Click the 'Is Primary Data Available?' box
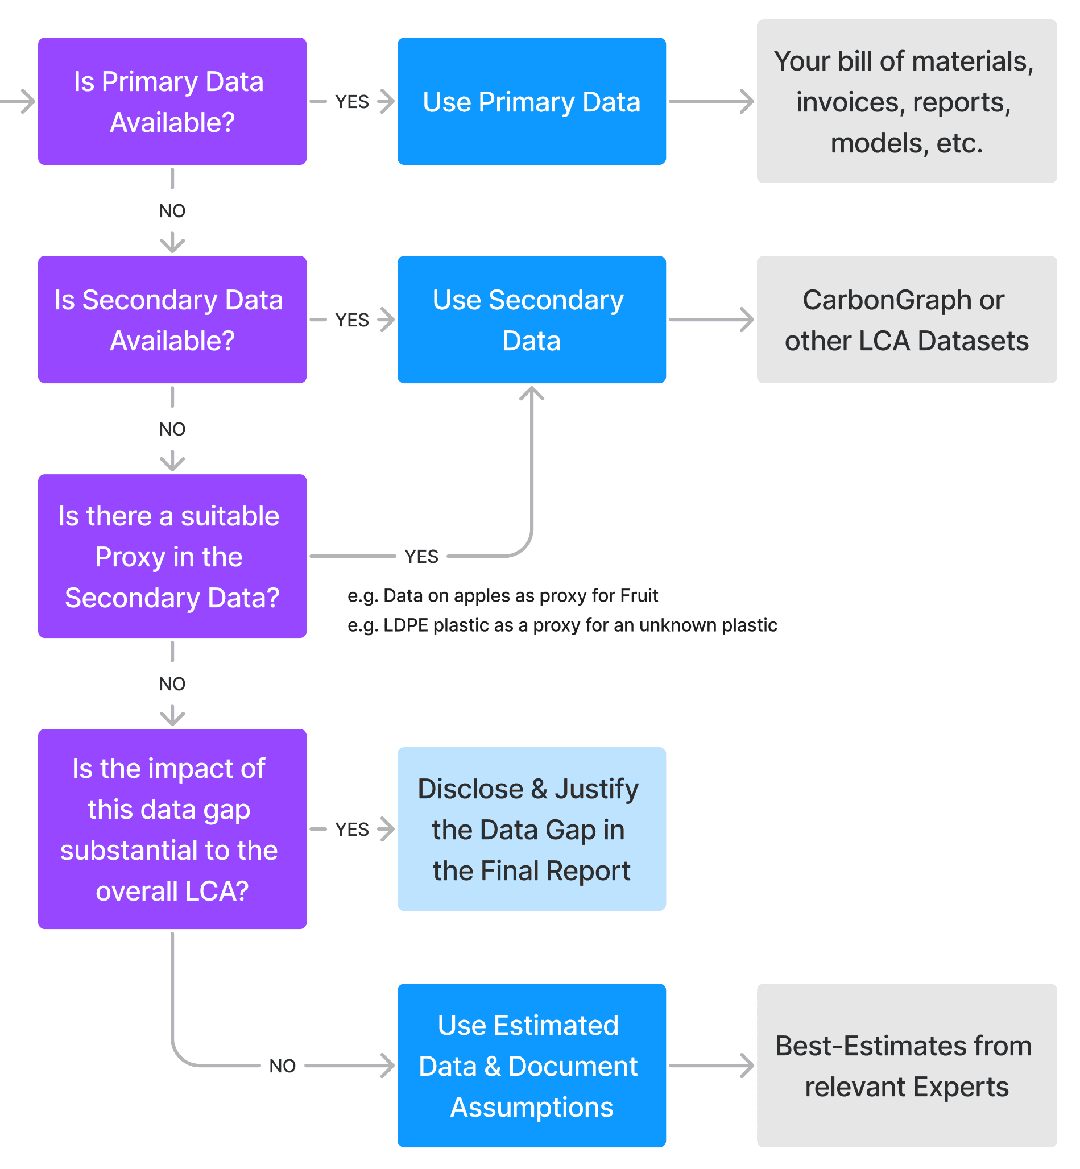172,101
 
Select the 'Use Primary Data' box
531,101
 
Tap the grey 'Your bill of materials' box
906,101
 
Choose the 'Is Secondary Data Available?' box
172,319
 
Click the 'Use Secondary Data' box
531,319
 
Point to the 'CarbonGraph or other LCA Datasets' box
906,319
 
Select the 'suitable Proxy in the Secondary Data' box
172,556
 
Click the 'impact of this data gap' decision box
172,828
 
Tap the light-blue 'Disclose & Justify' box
531,828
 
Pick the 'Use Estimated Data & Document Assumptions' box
531,1065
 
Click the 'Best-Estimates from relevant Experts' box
906,1065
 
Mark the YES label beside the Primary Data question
352,102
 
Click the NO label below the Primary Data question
172,211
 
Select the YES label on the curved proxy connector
421,556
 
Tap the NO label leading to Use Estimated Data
282,1066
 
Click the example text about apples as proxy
503,595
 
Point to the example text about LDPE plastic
562,625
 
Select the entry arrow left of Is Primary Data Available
20,101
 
